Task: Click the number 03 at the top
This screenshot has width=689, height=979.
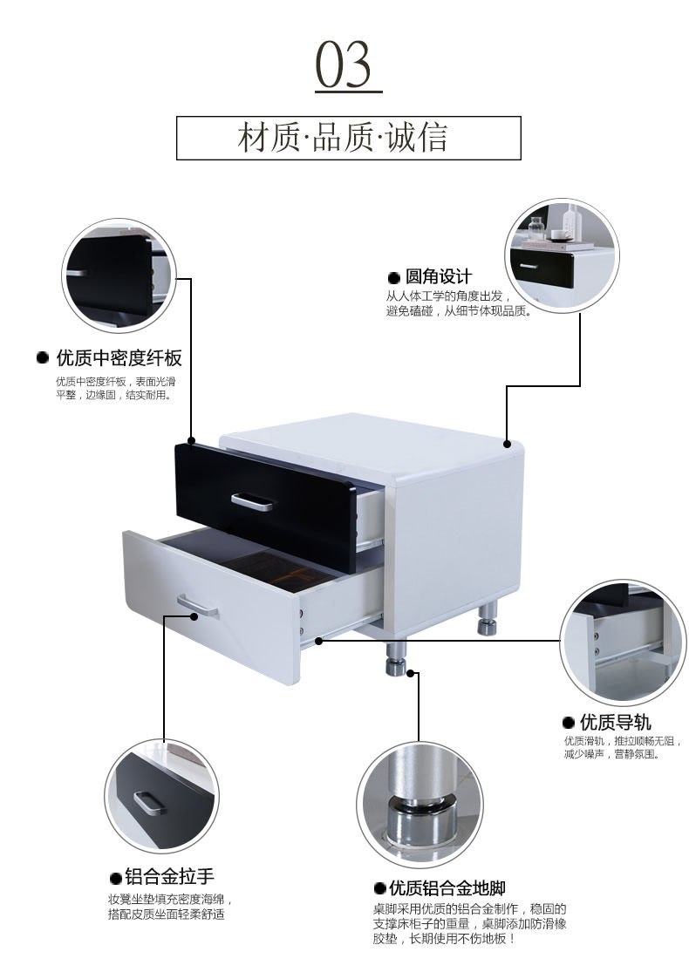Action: tap(347, 65)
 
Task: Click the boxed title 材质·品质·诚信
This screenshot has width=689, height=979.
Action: tap(348, 138)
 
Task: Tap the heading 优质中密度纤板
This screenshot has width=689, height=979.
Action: tap(119, 357)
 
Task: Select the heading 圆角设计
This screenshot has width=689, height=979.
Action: tap(438, 276)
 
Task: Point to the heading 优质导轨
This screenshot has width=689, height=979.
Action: tap(615, 722)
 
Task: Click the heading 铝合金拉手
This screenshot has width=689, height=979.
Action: tap(169, 876)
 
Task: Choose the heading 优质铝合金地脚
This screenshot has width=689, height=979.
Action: tap(447, 888)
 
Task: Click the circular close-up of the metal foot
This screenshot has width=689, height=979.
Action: tap(419, 801)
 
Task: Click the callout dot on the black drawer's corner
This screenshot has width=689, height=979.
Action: tap(191, 441)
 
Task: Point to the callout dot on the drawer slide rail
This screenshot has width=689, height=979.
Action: tap(319, 641)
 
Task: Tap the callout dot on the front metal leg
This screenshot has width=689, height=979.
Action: tap(413, 673)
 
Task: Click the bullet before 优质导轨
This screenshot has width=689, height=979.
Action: tap(569, 723)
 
